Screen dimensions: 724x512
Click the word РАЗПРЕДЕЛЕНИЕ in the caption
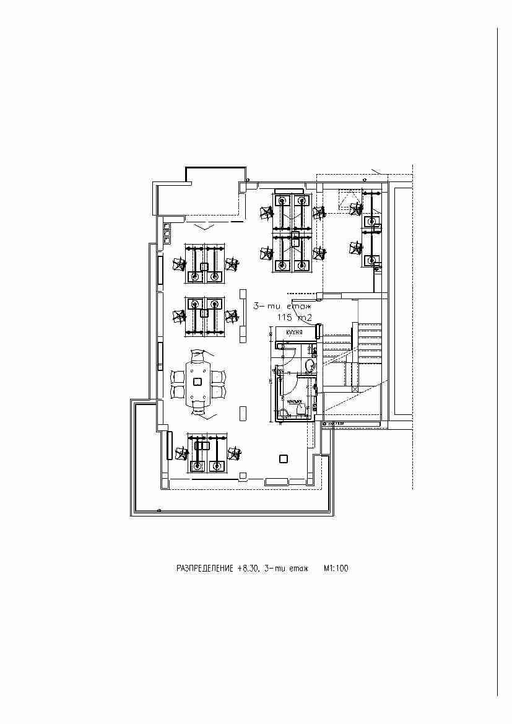point(204,568)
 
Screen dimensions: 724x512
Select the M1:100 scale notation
point(336,568)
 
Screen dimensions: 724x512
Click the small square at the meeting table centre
point(198,382)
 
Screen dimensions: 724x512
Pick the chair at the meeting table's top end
point(198,357)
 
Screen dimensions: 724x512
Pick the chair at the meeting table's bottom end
point(198,406)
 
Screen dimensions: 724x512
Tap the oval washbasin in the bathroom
point(308,365)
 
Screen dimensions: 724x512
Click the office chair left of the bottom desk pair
point(181,453)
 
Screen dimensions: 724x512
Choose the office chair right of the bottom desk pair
point(234,453)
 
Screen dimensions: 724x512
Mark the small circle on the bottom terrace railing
point(160,510)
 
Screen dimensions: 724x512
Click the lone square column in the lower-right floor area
point(284,459)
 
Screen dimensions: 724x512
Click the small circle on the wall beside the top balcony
point(247,181)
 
